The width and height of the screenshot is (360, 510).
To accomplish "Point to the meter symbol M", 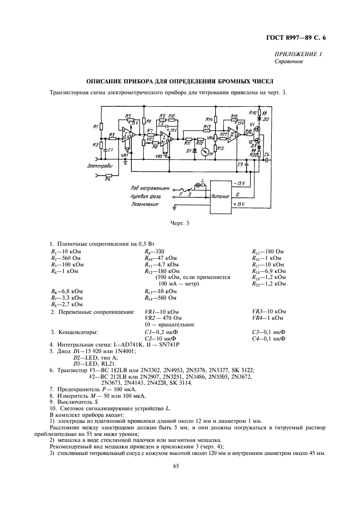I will pos(204,154).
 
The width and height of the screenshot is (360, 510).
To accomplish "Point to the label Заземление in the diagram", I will pos(129,204).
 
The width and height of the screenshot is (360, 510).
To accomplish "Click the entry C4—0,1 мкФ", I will pos(269,338).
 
